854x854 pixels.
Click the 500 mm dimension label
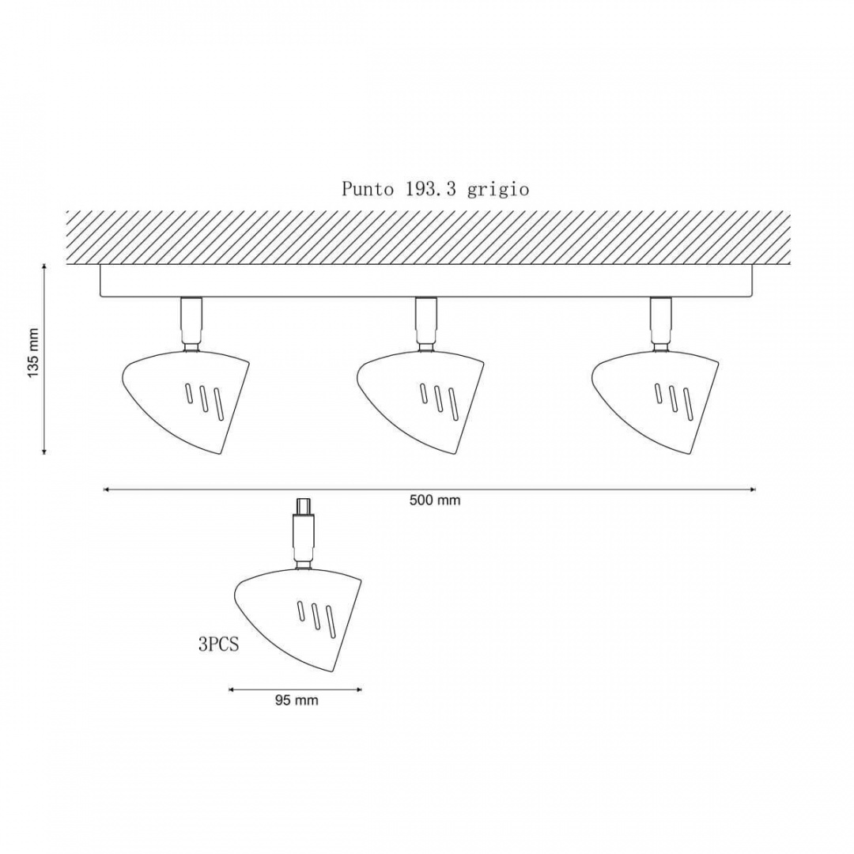435,500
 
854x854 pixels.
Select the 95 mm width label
297,701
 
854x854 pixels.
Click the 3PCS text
218,645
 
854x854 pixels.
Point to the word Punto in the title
368,189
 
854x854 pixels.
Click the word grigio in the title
498,190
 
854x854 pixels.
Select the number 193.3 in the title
430,188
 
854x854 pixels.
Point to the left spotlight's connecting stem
191,325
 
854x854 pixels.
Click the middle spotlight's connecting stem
426,325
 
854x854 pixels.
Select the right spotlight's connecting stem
660,325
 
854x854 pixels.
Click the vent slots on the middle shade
438,401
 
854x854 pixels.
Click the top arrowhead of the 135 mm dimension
44,266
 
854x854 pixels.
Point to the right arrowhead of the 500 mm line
753,489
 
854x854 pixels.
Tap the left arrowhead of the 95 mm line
231,690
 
